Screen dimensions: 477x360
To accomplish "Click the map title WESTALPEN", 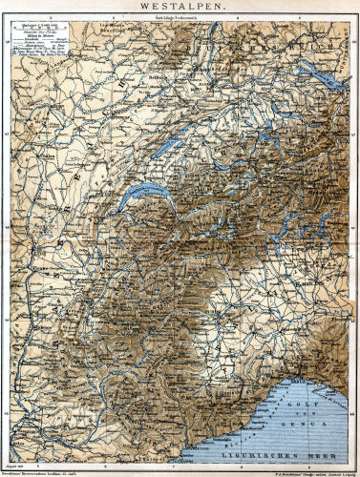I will [180, 7].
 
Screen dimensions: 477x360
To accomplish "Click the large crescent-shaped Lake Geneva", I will [144, 195].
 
